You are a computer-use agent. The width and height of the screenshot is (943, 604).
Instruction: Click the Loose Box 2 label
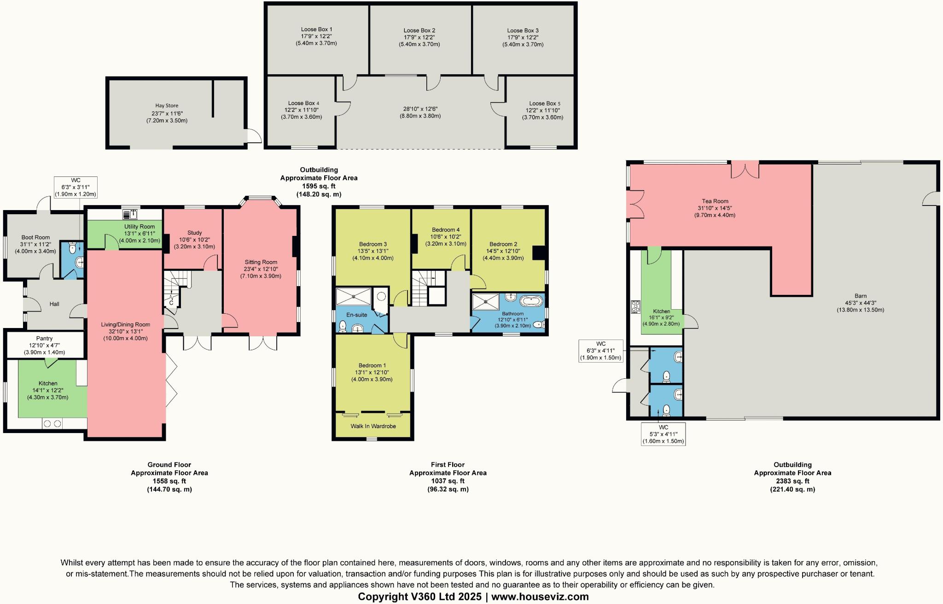419,30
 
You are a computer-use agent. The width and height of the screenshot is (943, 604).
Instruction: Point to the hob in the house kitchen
52,423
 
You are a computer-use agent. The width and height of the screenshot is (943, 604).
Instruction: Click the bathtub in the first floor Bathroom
531,302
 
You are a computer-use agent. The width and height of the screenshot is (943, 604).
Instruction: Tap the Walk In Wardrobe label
373,426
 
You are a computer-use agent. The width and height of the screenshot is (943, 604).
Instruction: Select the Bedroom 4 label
445,229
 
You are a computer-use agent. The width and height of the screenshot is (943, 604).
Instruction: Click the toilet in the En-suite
343,326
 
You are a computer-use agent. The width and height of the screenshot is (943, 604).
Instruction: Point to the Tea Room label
715,201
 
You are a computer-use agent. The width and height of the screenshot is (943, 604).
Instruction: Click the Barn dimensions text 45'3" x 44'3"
860,303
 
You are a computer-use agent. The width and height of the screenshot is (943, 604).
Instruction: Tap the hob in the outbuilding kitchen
635,307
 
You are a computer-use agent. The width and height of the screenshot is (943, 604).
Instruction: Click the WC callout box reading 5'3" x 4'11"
663,434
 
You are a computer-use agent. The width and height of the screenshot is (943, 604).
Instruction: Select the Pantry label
44,338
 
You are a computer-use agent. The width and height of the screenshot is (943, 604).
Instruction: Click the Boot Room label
35,237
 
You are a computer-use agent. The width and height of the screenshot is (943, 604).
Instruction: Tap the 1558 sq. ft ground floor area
169,481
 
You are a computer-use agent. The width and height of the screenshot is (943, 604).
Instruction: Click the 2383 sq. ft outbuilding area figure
792,481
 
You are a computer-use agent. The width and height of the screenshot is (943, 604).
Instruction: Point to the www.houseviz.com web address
540,597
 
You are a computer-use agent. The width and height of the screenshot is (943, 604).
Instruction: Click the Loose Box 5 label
545,104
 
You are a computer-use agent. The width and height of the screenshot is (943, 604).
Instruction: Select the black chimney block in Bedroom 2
537,253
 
